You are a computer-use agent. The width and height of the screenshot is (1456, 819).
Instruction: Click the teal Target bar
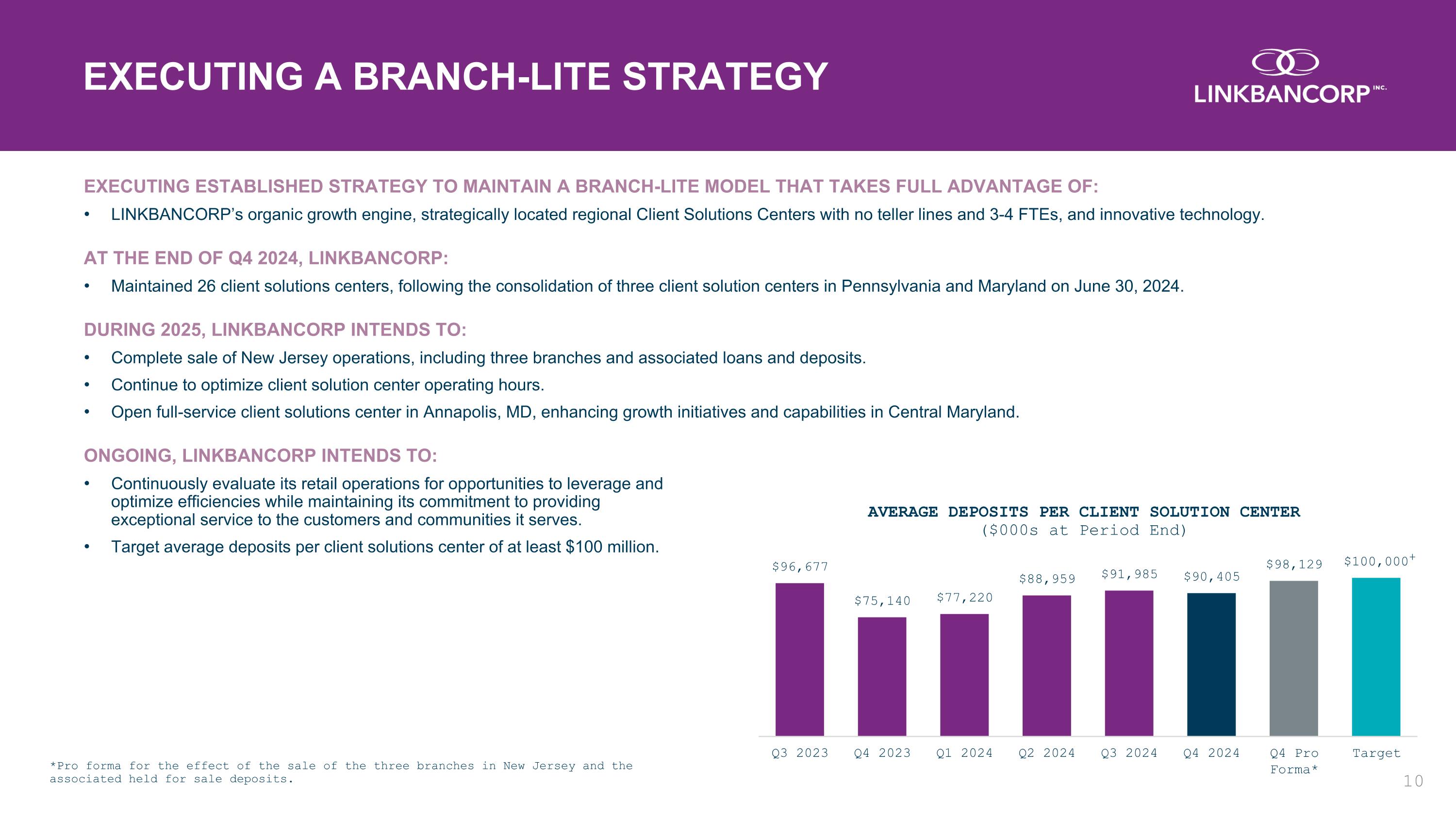(1376, 657)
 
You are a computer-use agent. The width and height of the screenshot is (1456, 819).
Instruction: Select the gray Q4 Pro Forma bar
(1293, 658)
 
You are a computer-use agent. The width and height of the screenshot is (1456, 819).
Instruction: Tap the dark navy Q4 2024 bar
(1211, 665)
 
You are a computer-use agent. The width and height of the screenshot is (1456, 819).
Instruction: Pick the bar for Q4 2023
(882, 677)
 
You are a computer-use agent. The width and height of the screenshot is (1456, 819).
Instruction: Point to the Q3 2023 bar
(800, 660)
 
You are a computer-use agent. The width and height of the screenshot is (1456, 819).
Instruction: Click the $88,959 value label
(1047, 579)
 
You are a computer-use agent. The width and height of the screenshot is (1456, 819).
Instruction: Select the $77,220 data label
(965, 598)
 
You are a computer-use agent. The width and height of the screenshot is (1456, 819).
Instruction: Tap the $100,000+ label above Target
(1379, 561)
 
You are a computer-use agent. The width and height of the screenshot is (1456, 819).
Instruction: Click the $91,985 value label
(1129, 574)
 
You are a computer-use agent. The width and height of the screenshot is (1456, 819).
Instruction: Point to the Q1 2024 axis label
(964, 753)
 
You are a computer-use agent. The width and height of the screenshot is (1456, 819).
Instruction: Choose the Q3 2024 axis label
(1129, 753)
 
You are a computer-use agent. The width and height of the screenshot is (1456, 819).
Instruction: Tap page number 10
(1413, 781)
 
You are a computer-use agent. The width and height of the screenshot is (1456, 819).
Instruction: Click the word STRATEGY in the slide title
(725, 76)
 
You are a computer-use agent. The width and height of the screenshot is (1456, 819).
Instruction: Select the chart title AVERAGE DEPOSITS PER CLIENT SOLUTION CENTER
(1084, 512)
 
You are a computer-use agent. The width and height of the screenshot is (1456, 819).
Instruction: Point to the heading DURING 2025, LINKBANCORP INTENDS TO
(275, 330)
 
